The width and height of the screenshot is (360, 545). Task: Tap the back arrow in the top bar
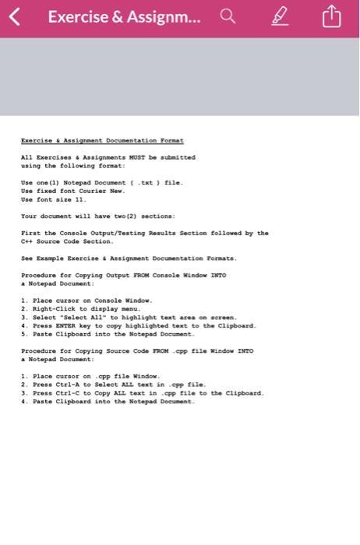coord(13,16)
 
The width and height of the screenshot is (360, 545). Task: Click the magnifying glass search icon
coord(228,16)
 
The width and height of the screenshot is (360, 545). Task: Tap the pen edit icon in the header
coord(279,16)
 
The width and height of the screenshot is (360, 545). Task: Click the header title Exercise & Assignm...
coord(124,16)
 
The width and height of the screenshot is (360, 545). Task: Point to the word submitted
coord(176,157)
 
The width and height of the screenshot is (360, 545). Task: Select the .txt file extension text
coord(145,182)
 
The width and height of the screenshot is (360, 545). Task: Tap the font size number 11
coord(80,199)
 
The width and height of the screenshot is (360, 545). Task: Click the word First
coord(30,233)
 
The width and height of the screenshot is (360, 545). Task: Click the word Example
coord(51,258)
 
